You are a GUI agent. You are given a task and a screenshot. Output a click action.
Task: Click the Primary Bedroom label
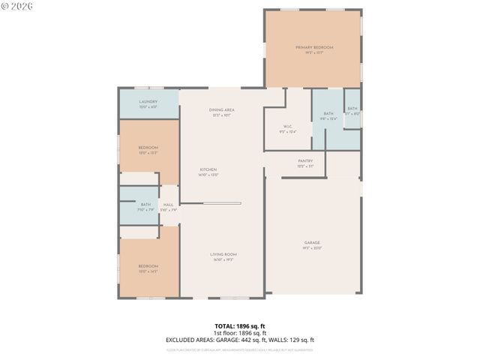coord(313,47)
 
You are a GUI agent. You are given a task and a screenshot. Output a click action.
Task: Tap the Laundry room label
coord(148,101)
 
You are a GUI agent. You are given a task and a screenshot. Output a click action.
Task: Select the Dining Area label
coord(222,110)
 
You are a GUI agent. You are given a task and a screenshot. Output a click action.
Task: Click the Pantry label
coord(305,160)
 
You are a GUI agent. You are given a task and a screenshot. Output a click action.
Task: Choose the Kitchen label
coord(208,169)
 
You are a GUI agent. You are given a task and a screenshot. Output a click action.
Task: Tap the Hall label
coord(169,205)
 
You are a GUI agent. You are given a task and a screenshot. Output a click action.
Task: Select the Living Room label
coord(224,254)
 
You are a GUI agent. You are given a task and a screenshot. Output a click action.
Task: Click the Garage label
coord(312,242)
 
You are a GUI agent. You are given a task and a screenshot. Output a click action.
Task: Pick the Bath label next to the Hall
coord(145,205)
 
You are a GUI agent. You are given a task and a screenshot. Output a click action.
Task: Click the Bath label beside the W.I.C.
coord(328,113)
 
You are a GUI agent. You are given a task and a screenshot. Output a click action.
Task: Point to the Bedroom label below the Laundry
coord(148,148)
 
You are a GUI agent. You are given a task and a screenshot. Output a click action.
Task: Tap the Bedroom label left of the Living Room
coord(148,266)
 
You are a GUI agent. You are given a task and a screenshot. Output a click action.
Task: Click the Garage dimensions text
coord(312,247)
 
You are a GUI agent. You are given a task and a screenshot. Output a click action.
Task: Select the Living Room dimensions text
coord(224,259)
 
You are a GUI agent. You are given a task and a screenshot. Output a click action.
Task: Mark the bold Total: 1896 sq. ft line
coord(239,326)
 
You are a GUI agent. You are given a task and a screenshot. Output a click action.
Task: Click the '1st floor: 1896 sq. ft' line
coord(239,333)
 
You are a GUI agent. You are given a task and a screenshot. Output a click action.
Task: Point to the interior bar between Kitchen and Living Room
coord(222,202)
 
